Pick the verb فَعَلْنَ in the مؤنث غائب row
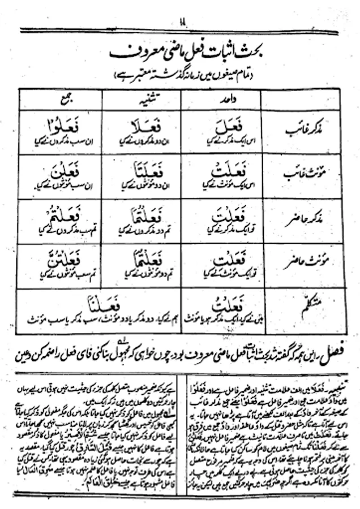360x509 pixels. coord(58,170)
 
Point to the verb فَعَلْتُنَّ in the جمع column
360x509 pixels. coord(58,260)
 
